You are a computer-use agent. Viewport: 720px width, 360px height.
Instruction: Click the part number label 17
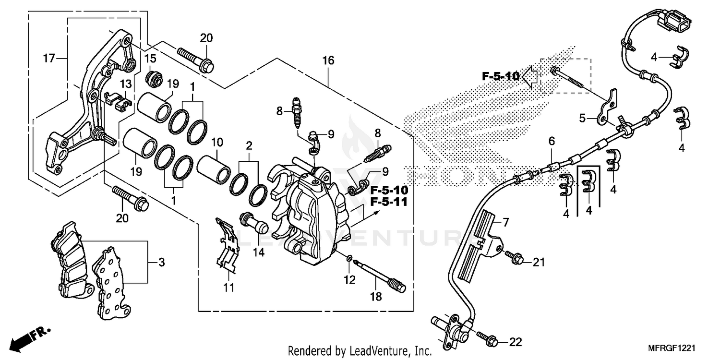pos(48,59)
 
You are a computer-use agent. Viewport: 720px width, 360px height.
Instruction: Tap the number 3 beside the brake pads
pos(162,262)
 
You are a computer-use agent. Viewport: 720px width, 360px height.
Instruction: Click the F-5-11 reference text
pos(389,203)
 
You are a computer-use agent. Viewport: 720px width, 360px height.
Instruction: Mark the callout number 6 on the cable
pos(552,141)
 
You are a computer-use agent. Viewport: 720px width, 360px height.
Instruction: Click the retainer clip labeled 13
pos(119,98)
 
